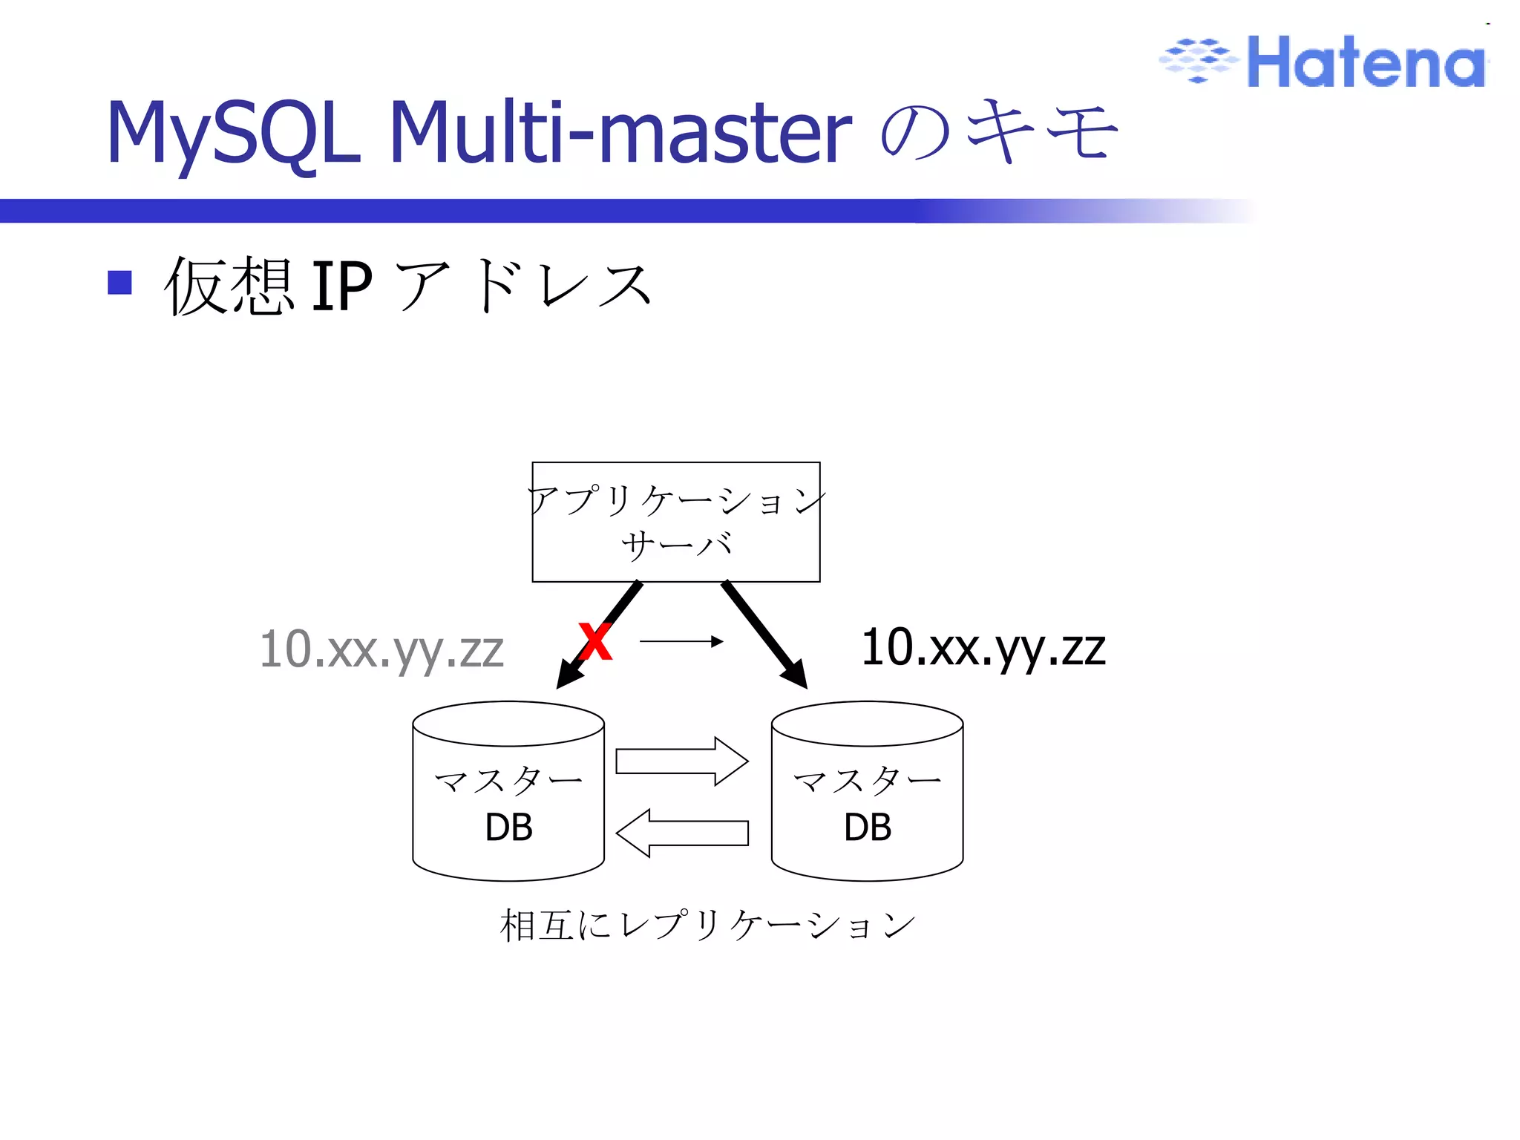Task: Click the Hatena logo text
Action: tap(1366, 62)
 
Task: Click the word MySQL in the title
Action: tap(234, 134)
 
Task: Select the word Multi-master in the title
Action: tap(620, 134)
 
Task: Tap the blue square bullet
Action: tap(119, 283)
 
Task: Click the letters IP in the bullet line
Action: tap(341, 286)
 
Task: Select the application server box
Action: tap(675, 522)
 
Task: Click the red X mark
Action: tap(595, 642)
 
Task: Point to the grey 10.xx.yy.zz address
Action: tap(381, 649)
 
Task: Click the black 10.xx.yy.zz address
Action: tap(983, 648)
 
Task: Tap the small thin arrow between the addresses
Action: tap(681, 641)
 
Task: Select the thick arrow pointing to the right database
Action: tap(764, 635)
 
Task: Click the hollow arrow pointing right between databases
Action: tap(681, 761)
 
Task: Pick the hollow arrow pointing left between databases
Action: tap(681, 833)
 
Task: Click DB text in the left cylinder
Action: tap(508, 827)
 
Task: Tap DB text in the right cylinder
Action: tap(867, 827)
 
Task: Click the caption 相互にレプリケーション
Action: tap(707, 926)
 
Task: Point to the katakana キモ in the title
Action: tap(1043, 132)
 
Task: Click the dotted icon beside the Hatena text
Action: tap(1199, 59)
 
